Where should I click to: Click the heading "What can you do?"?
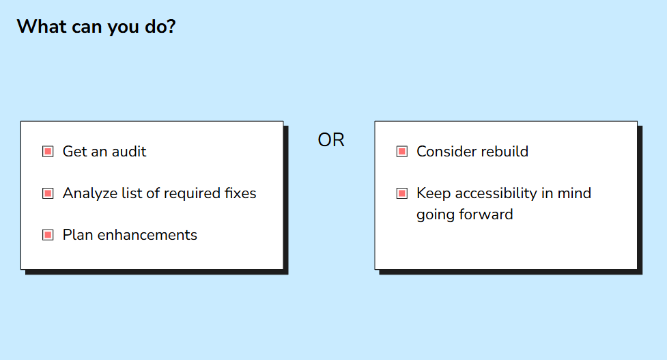(96, 27)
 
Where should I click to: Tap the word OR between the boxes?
(331, 140)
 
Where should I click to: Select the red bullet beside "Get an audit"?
(48, 152)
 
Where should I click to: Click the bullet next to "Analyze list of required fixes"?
(48, 193)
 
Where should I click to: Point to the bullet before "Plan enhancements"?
(48, 235)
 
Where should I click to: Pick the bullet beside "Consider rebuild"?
(402, 152)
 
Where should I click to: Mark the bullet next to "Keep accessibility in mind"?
(402, 193)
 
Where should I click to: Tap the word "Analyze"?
(89, 194)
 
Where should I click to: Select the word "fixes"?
(240, 193)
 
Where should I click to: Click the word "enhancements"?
(147, 235)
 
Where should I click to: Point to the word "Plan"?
(78, 235)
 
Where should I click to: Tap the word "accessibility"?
(496, 194)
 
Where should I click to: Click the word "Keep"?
(434, 194)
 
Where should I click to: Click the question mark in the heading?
(171, 27)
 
